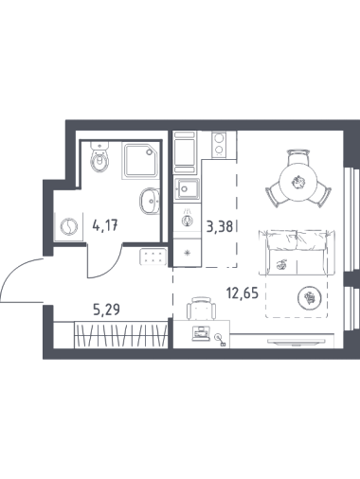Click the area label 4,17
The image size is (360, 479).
(105, 225)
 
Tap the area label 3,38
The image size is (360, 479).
(220, 226)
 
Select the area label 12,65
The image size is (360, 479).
(243, 293)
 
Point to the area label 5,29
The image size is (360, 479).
(106, 310)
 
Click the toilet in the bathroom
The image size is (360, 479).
(99, 157)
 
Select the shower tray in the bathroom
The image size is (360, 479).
(139, 161)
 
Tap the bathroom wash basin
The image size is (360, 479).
(150, 201)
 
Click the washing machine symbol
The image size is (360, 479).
(69, 226)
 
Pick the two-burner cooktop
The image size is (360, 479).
(219, 144)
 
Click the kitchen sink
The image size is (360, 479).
(187, 188)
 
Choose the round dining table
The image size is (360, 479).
(298, 183)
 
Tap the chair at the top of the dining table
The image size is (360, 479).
(298, 156)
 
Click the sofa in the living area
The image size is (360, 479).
(297, 253)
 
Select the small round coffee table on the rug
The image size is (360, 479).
(310, 297)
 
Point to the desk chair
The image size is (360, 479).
(201, 309)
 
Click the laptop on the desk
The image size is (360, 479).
(201, 333)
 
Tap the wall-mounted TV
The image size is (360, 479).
(297, 342)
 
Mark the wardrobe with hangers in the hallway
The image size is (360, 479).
(120, 335)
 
